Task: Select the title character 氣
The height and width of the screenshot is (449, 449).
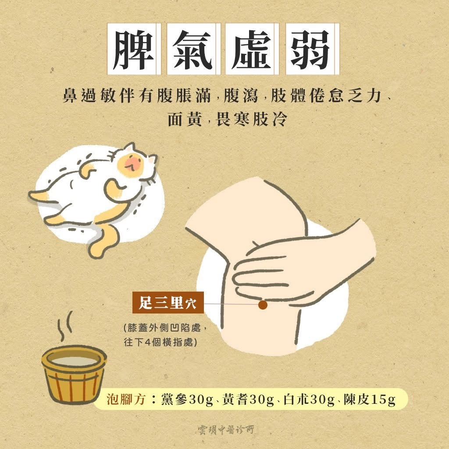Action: tap(192, 49)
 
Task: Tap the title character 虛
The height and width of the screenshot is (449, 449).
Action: tap(251, 49)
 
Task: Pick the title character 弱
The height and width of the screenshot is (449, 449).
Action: tap(311, 49)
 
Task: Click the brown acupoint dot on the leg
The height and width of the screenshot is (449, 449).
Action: tap(263, 305)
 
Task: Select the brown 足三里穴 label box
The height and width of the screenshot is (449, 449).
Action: tap(168, 303)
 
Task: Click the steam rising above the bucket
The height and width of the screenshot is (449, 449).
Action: tap(65, 326)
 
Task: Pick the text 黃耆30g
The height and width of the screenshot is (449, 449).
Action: tap(248, 399)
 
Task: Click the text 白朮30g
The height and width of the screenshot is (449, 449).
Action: tap(309, 399)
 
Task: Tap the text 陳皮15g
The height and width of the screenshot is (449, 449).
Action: tap(369, 399)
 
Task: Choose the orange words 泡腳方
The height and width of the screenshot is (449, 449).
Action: tap(126, 399)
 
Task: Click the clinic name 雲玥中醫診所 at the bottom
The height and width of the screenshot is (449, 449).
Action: tap(226, 430)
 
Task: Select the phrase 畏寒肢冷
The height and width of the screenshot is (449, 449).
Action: tap(251, 119)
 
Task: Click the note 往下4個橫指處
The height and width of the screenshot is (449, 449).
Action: tap(160, 342)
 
